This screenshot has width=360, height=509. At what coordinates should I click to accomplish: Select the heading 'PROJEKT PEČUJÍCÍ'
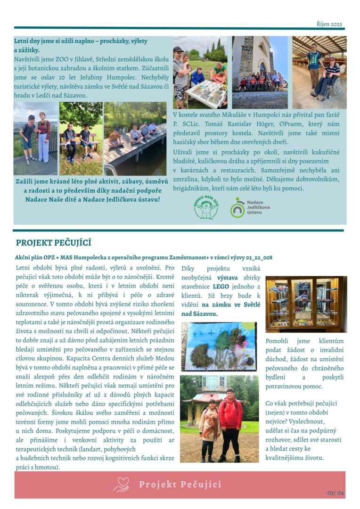point(53,243)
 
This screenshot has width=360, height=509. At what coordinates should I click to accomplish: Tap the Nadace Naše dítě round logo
point(206,207)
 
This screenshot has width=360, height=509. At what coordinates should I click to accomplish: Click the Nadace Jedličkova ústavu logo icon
point(237,207)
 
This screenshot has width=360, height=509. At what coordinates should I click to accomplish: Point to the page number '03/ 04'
point(335,493)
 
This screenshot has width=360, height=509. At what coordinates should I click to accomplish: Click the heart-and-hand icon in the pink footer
point(121,484)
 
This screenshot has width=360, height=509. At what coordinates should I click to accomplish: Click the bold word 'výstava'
point(227,277)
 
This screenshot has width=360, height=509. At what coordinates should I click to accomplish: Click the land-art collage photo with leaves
point(219,346)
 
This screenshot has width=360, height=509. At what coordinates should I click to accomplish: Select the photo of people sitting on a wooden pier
point(135,138)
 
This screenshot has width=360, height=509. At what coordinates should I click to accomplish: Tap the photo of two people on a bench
point(81,138)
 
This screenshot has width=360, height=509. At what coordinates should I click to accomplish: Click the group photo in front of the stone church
point(260,72)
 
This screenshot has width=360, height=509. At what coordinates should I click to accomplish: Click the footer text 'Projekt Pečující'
point(180,484)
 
